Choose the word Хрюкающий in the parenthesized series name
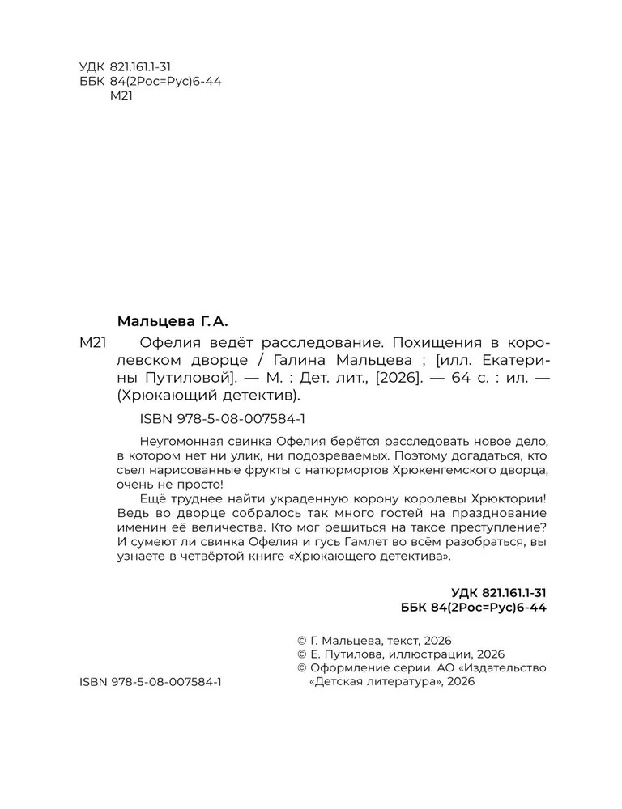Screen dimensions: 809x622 point(168,396)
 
